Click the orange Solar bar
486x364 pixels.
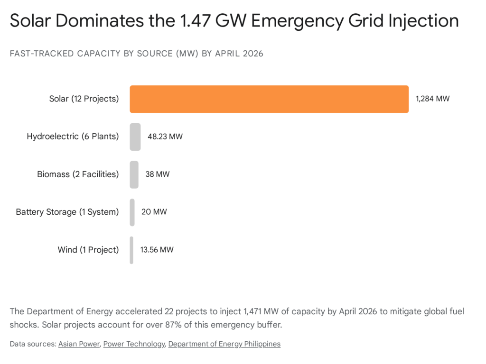[269, 99]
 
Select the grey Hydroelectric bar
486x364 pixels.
[135, 137]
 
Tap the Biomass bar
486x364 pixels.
[134, 174]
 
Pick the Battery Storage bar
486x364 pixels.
[132, 212]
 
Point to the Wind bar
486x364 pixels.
[131, 250]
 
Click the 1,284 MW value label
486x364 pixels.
[432, 99]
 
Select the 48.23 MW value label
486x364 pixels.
[165, 137]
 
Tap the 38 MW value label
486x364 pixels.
[157, 174]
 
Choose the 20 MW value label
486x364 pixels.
[154, 212]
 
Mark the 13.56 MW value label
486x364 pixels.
[157, 250]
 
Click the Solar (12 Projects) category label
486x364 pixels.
[84, 99]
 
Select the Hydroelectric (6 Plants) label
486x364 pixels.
[73, 137]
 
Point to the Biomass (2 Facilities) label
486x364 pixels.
[78, 174]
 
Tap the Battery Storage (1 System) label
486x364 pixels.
[67, 212]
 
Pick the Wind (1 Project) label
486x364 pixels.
[88, 250]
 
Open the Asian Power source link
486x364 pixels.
[79, 344]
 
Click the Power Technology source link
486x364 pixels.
[134, 344]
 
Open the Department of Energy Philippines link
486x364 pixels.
[224, 344]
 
